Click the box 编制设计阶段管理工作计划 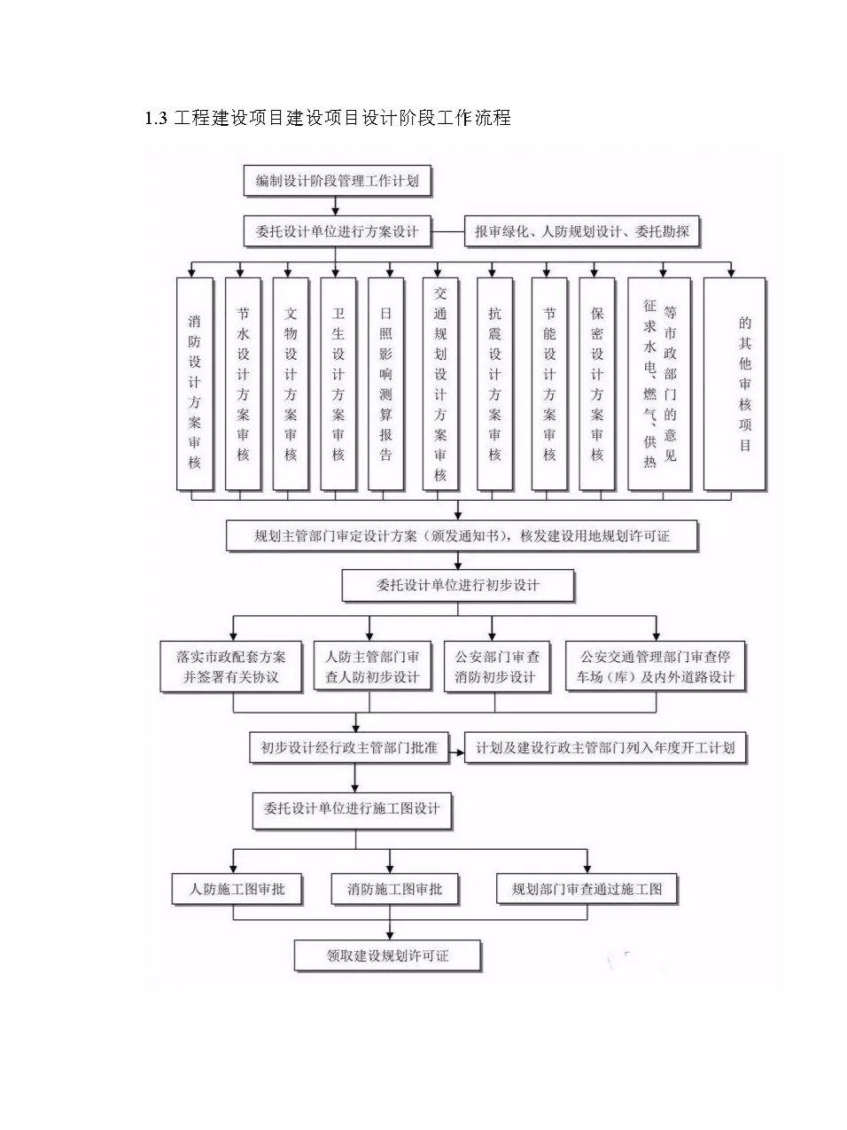(x=337, y=181)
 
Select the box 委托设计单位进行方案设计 (x=337, y=231)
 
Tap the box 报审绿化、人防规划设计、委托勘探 (x=581, y=231)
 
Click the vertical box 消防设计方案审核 (x=194, y=384)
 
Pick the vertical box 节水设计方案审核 (x=243, y=384)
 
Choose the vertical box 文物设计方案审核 (x=291, y=384)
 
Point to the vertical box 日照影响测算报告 (x=385, y=384)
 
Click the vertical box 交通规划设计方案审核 (x=440, y=384)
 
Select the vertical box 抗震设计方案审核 (x=494, y=384)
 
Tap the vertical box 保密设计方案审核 (x=596, y=384)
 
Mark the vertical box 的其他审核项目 (x=734, y=384)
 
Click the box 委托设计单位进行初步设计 (x=458, y=585)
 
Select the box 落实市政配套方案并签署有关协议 (x=231, y=666)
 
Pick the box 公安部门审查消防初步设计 (x=496, y=666)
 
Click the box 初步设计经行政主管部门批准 (x=349, y=747)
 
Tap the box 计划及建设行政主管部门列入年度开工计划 (x=605, y=747)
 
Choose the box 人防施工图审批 (x=237, y=889)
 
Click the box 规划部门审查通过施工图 (x=587, y=889)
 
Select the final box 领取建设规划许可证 (x=387, y=955)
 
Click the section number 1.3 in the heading (x=156, y=118)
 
